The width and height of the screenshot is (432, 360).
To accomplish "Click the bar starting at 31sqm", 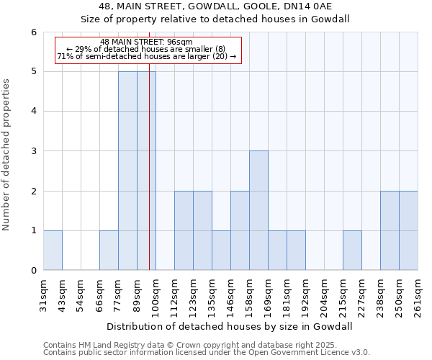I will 53,251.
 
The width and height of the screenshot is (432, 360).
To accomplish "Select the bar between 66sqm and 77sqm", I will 109,251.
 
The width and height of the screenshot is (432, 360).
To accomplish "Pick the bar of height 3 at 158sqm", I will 258,210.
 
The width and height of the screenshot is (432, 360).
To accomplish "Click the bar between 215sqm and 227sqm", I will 352,251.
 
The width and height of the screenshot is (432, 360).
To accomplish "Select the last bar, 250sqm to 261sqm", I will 408,230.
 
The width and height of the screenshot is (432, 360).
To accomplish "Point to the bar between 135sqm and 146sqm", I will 221,251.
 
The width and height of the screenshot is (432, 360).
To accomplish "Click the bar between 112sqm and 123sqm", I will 184,230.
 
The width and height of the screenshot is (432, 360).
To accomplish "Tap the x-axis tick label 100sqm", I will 156,295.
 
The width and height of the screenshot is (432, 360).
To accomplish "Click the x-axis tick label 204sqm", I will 324,295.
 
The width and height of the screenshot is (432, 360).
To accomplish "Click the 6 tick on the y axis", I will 34,32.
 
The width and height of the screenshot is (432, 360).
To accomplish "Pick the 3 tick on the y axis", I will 34,151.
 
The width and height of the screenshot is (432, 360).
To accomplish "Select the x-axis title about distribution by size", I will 230,326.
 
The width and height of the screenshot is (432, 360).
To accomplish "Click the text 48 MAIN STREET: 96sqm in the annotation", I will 146,42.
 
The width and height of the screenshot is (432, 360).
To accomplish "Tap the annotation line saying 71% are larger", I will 146,56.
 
